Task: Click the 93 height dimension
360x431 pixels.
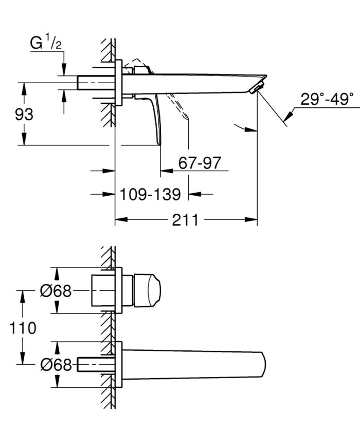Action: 23,114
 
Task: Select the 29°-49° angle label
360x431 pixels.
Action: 327,99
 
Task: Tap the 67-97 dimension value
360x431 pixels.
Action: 199,163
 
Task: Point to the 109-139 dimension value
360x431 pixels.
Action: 150,195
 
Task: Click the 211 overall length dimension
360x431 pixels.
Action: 185,220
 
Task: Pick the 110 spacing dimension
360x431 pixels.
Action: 23,328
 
